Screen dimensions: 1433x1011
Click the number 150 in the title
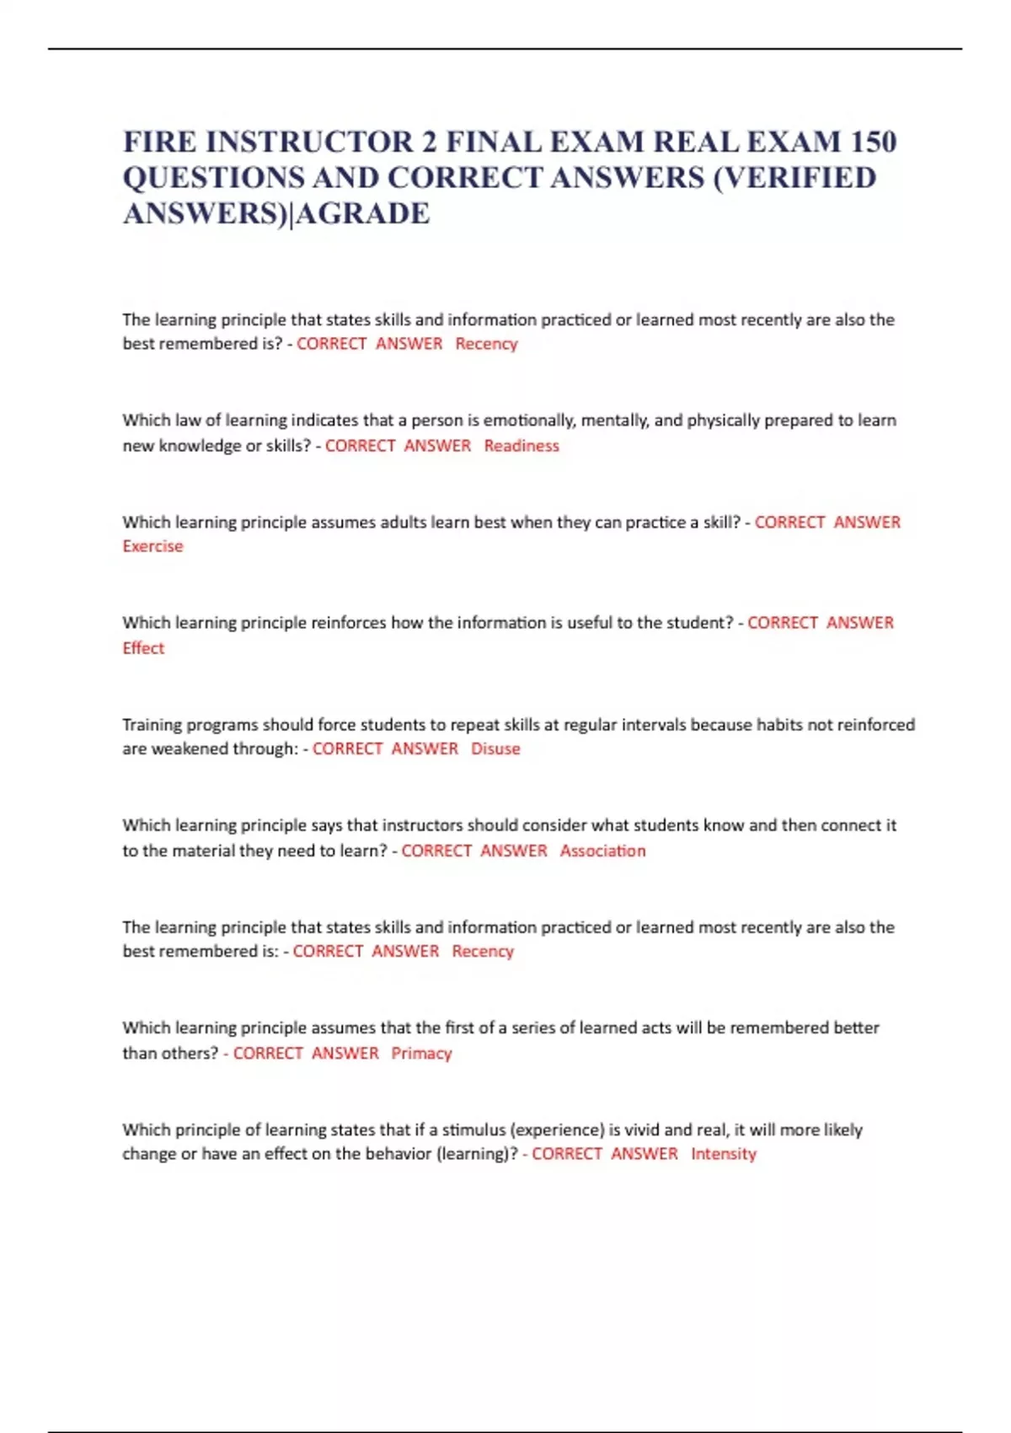click(873, 142)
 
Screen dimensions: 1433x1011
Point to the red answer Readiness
click(521, 445)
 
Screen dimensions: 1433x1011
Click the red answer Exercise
click(152, 546)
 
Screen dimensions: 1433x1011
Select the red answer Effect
click(143, 648)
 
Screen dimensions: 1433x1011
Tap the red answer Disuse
click(495, 749)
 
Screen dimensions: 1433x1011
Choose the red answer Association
click(602, 851)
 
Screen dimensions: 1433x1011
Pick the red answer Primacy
click(421, 1053)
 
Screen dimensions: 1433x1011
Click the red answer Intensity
click(723, 1153)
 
